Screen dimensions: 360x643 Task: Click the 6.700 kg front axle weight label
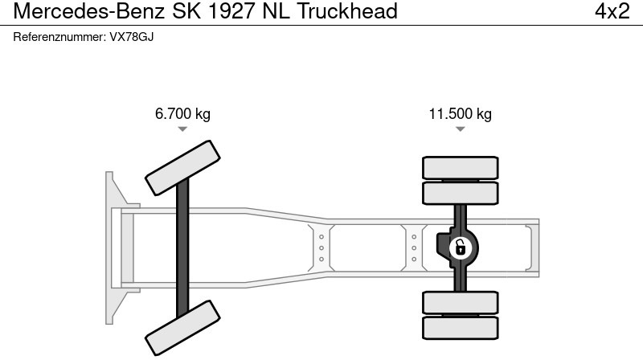coord(182,114)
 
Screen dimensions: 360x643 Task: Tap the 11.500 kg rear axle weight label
coord(460,114)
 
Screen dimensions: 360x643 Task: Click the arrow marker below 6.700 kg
coord(182,129)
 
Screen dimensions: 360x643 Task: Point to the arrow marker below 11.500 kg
coord(460,129)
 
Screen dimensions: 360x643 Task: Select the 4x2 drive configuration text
coord(612,11)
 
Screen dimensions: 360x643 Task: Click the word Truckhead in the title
coord(350,11)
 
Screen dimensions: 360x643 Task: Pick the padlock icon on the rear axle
coord(460,247)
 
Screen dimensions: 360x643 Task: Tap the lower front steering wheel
coord(182,328)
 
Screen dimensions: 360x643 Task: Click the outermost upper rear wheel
coord(460,167)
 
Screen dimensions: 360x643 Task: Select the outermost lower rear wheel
coord(460,325)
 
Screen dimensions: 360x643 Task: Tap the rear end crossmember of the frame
coord(532,247)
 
